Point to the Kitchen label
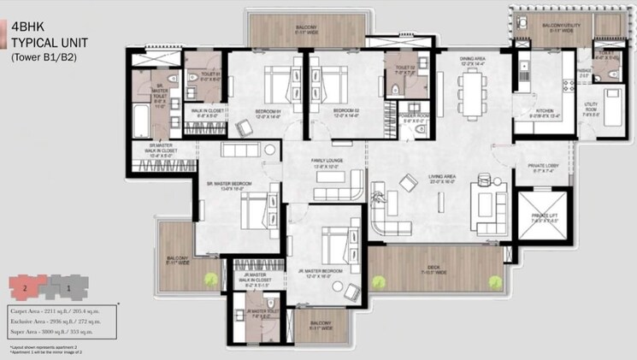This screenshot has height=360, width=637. click(x=544, y=112)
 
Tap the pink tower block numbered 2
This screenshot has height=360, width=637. click(x=26, y=286)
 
